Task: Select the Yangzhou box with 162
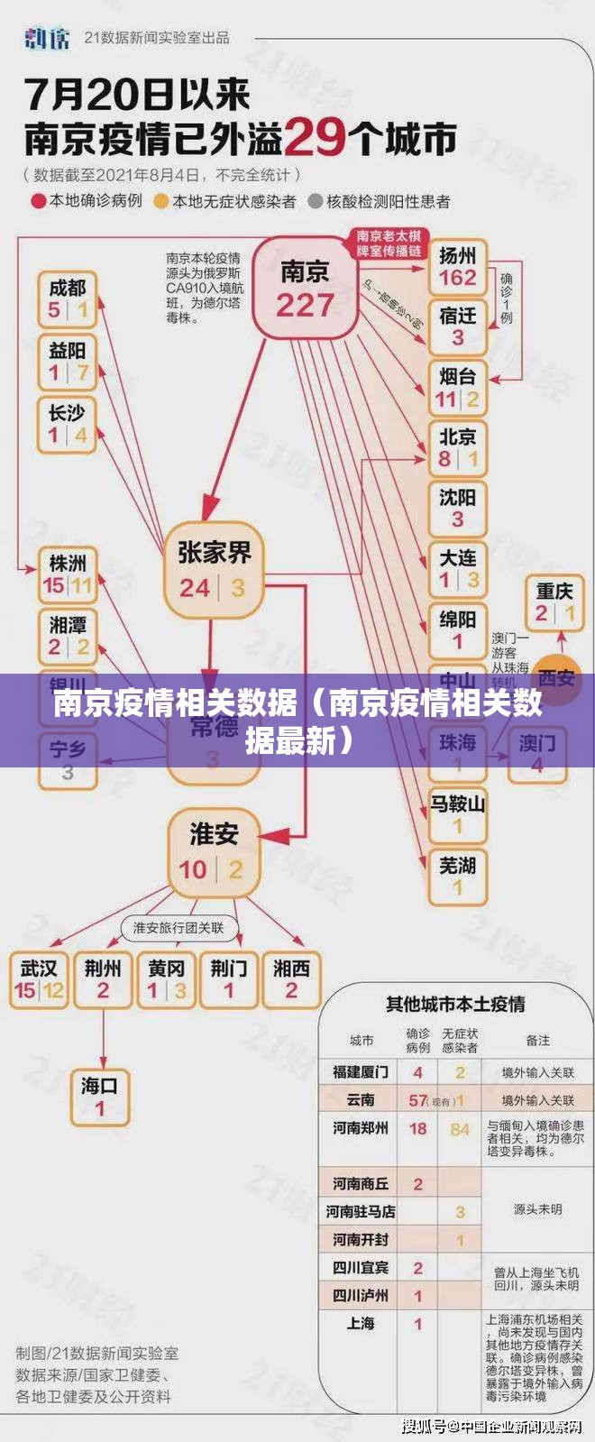pos(457,268)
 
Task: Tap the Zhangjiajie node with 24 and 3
pos(214,570)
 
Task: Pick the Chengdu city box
pos(68,299)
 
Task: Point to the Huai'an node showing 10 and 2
pos(213,852)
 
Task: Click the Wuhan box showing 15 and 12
pos(39,980)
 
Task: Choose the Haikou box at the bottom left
pos(99,1097)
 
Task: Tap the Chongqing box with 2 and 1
pos(554,602)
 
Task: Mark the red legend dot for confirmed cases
pos(39,201)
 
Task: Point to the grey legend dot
pos(316,201)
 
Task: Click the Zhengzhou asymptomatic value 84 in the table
pos(460,1129)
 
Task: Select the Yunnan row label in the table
pos(361,1100)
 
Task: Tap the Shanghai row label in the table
pos(361,1323)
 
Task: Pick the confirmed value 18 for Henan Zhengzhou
pos(417,1129)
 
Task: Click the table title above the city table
pos(455,1004)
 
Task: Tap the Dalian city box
pos(457,569)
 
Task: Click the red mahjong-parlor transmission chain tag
pos(389,243)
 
